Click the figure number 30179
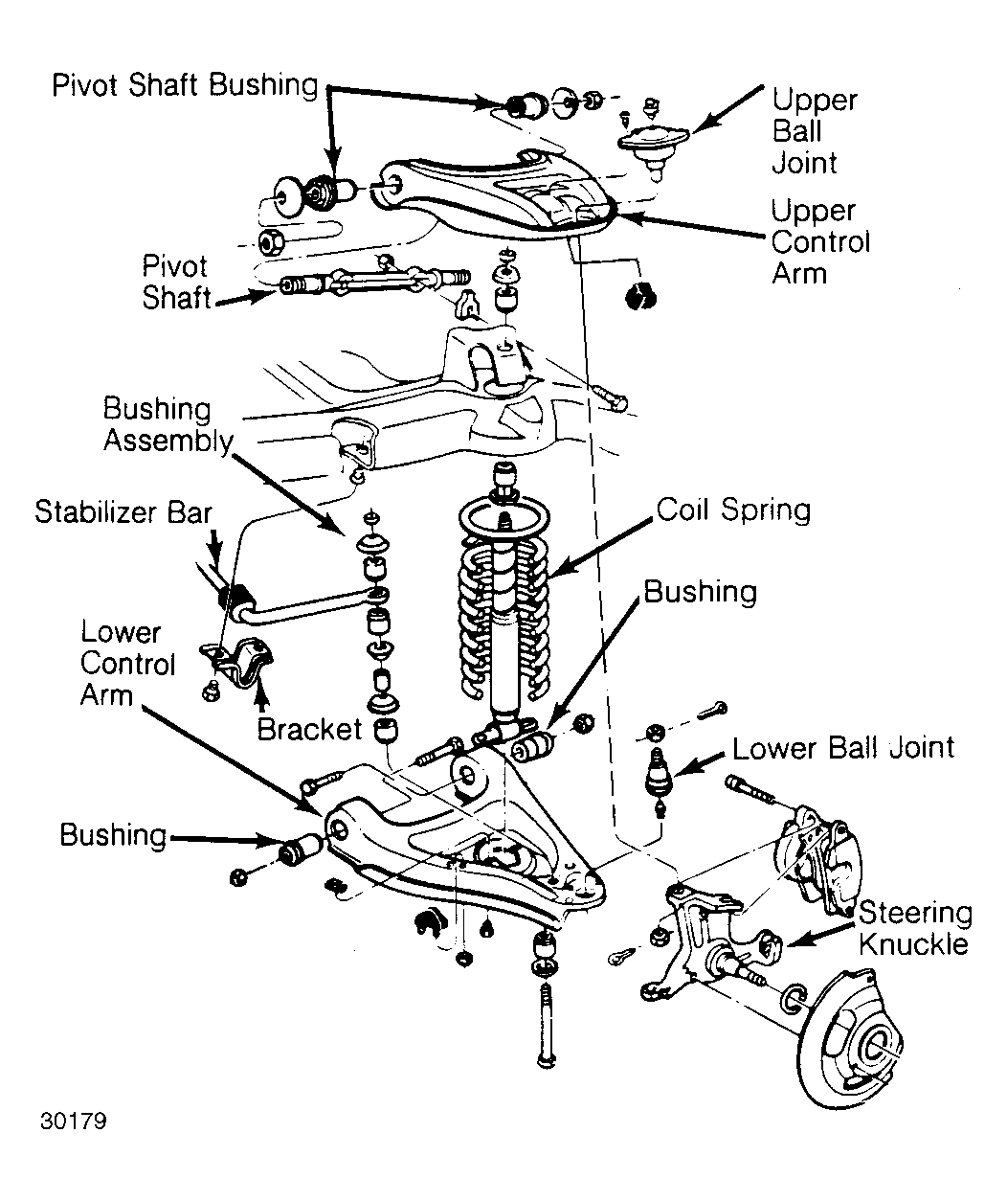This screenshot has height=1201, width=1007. [x=74, y=1122]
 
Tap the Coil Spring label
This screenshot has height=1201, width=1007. [x=733, y=510]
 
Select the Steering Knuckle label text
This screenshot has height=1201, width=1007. [x=915, y=929]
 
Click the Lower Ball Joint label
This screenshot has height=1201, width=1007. [x=843, y=748]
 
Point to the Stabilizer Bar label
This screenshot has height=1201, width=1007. [x=123, y=512]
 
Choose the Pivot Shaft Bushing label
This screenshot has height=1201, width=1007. [x=185, y=85]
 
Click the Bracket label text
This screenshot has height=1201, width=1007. [x=309, y=730]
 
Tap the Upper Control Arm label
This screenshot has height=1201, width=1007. [x=820, y=242]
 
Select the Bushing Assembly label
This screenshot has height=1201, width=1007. [x=168, y=425]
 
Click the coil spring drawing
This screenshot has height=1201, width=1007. [x=503, y=599]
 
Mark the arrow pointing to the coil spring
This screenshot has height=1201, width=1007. [x=602, y=547]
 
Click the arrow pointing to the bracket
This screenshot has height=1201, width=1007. [x=262, y=697]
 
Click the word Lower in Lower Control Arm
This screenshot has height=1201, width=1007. [x=121, y=633]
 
